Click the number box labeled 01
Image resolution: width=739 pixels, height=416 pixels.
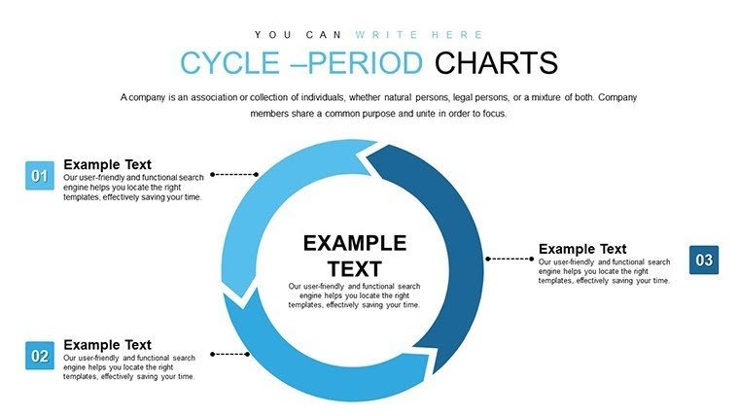(x=40, y=176)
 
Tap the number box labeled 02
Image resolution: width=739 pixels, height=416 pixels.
(x=40, y=357)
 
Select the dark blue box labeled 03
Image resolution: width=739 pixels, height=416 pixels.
(x=704, y=260)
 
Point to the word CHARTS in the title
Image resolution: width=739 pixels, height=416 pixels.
(x=496, y=63)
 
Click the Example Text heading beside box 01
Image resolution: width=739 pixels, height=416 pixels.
(x=107, y=164)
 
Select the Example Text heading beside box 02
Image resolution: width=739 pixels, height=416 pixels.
(x=107, y=344)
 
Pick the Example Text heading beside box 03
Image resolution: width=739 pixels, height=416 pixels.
(x=582, y=249)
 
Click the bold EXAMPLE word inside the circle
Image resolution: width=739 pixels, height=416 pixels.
(x=354, y=243)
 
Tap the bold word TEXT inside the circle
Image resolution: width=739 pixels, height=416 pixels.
(x=354, y=269)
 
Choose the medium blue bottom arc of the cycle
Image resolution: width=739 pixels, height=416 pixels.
(x=321, y=374)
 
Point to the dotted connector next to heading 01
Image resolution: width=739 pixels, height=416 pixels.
(x=234, y=175)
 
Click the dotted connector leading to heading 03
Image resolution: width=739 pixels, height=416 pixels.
(x=510, y=259)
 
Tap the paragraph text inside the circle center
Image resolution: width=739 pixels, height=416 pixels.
(x=354, y=295)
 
